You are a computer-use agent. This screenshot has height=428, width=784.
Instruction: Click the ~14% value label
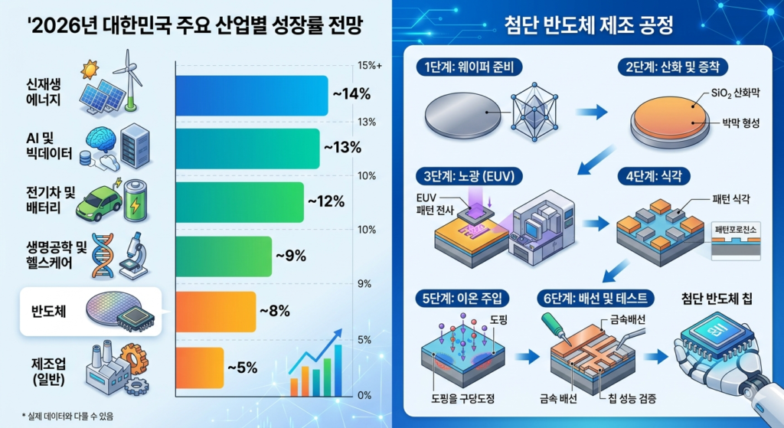[351, 95]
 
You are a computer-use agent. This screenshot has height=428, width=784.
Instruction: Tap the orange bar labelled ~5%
[200, 367]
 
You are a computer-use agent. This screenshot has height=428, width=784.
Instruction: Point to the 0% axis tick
[365, 395]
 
